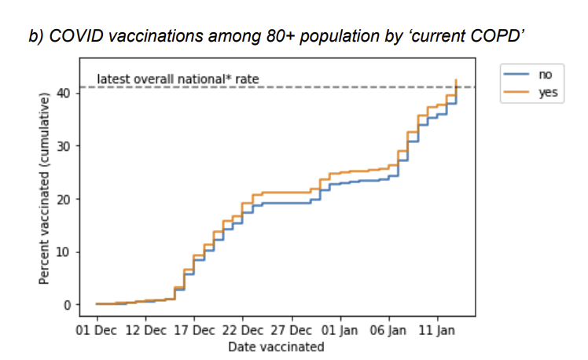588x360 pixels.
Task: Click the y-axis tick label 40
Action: pos(69,93)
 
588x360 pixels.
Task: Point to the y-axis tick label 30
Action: pos(69,145)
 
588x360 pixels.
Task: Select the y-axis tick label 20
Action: pos(69,199)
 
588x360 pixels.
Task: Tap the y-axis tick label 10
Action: pos(69,252)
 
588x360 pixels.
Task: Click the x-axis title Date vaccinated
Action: pos(276,346)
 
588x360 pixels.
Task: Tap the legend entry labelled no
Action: pos(545,74)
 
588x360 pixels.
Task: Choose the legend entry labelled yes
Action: pos(546,92)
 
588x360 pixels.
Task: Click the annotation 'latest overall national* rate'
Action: pos(178,79)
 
